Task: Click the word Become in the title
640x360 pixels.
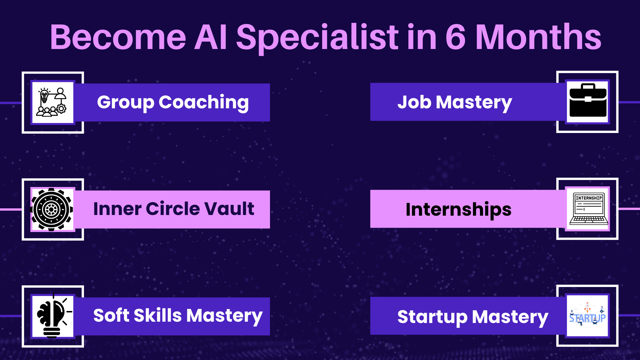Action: click(118, 37)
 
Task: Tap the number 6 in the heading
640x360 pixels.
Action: click(456, 37)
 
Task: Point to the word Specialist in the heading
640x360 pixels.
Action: click(318, 38)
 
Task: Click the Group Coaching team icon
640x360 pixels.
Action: click(53, 102)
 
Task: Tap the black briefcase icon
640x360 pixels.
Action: click(588, 100)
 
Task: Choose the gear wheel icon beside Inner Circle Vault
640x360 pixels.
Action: click(52, 209)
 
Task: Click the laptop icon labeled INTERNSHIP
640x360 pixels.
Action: click(589, 209)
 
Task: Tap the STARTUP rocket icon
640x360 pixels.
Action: click(587, 315)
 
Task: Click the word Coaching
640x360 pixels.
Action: click(204, 103)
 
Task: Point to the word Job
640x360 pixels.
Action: click(414, 102)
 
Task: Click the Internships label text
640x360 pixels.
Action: click(458, 210)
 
